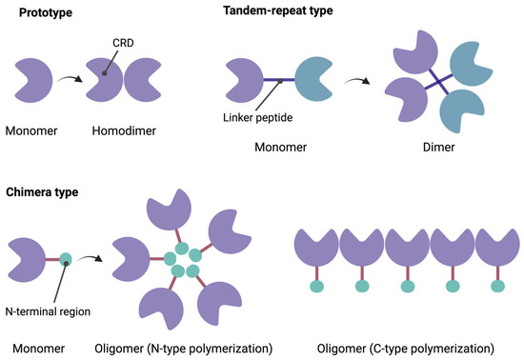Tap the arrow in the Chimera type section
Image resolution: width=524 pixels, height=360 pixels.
[95, 255]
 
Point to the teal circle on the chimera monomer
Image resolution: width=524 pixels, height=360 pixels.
[65, 257]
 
